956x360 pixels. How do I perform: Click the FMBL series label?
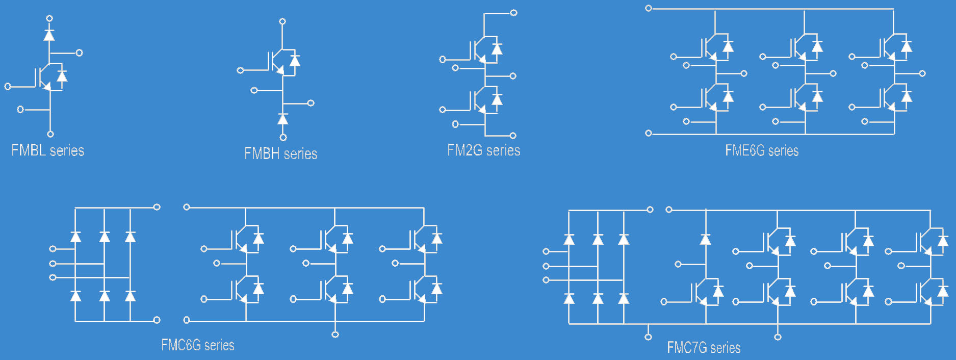pyautogui.click(x=47, y=150)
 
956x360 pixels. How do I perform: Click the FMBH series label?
pyautogui.click(x=280, y=153)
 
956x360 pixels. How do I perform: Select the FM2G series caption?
pyautogui.click(x=483, y=150)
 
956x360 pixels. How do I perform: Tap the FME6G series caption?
pyautogui.click(x=762, y=150)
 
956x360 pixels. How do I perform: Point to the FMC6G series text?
pyautogui.click(x=197, y=345)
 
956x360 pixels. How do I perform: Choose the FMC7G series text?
pyautogui.click(x=704, y=348)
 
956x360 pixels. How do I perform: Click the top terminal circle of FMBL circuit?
pyautogui.click(x=49, y=18)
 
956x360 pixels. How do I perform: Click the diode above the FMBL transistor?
pyautogui.click(x=49, y=35)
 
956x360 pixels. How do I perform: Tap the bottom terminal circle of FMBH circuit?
pyautogui.click(x=283, y=137)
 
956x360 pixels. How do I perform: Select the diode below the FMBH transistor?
pyautogui.click(x=282, y=119)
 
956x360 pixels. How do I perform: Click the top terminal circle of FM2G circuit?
pyautogui.click(x=513, y=13)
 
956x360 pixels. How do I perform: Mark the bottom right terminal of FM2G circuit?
pyautogui.click(x=513, y=136)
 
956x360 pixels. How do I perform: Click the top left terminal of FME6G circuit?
pyautogui.click(x=649, y=8)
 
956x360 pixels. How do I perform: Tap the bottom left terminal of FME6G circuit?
pyautogui.click(x=649, y=134)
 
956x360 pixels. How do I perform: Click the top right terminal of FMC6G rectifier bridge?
pyautogui.click(x=157, y=207)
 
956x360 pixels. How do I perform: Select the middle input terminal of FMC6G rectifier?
pyautogui.click(x=53, y=264)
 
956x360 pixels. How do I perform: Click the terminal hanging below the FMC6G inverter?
pyautogui.click(x=335, y=335)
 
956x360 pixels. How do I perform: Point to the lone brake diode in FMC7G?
pyautogui.click(x=706, y=239)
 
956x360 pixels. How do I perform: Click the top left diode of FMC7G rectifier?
pyautogui.click(x=569, y=239)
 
